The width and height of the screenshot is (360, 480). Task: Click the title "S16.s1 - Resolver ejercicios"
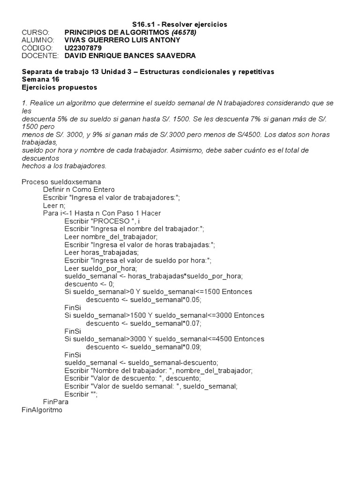pos(180,24)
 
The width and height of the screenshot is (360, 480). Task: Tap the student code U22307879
pos(82,48)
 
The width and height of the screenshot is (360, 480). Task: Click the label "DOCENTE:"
pos(40,56)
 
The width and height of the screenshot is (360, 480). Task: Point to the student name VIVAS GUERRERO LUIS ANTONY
pos(121,40)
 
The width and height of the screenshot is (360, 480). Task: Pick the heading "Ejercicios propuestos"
pos(60,87)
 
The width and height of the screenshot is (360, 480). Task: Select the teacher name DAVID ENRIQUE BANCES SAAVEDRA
pos(130,56)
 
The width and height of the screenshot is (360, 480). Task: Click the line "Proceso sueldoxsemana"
pos(61,182)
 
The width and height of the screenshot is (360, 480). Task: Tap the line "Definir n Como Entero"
pos(79,189)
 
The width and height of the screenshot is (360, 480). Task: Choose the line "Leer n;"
pos(54,205)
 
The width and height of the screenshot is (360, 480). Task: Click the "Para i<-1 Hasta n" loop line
pos(102,213)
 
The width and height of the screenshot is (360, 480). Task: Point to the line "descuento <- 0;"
pos(89,284)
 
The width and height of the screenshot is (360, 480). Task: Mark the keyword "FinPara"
pos(55,402)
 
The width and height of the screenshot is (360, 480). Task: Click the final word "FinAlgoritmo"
pos(42,410)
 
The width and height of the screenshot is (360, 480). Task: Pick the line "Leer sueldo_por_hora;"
pos(101,269)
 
